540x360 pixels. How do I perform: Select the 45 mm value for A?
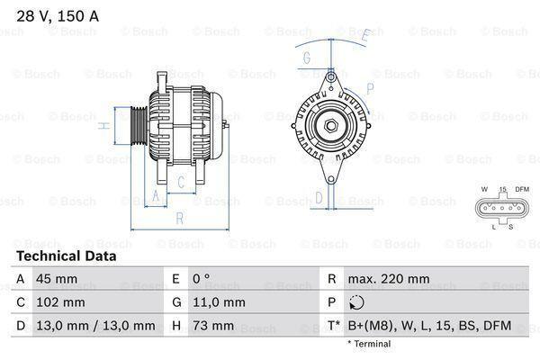tap(52, 279)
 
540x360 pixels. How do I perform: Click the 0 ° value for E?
tap(201, 279)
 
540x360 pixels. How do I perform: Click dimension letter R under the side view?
tap(179, 217)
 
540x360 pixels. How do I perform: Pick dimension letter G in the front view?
tap(307, 58)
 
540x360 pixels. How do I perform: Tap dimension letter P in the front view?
tap(370, 88)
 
